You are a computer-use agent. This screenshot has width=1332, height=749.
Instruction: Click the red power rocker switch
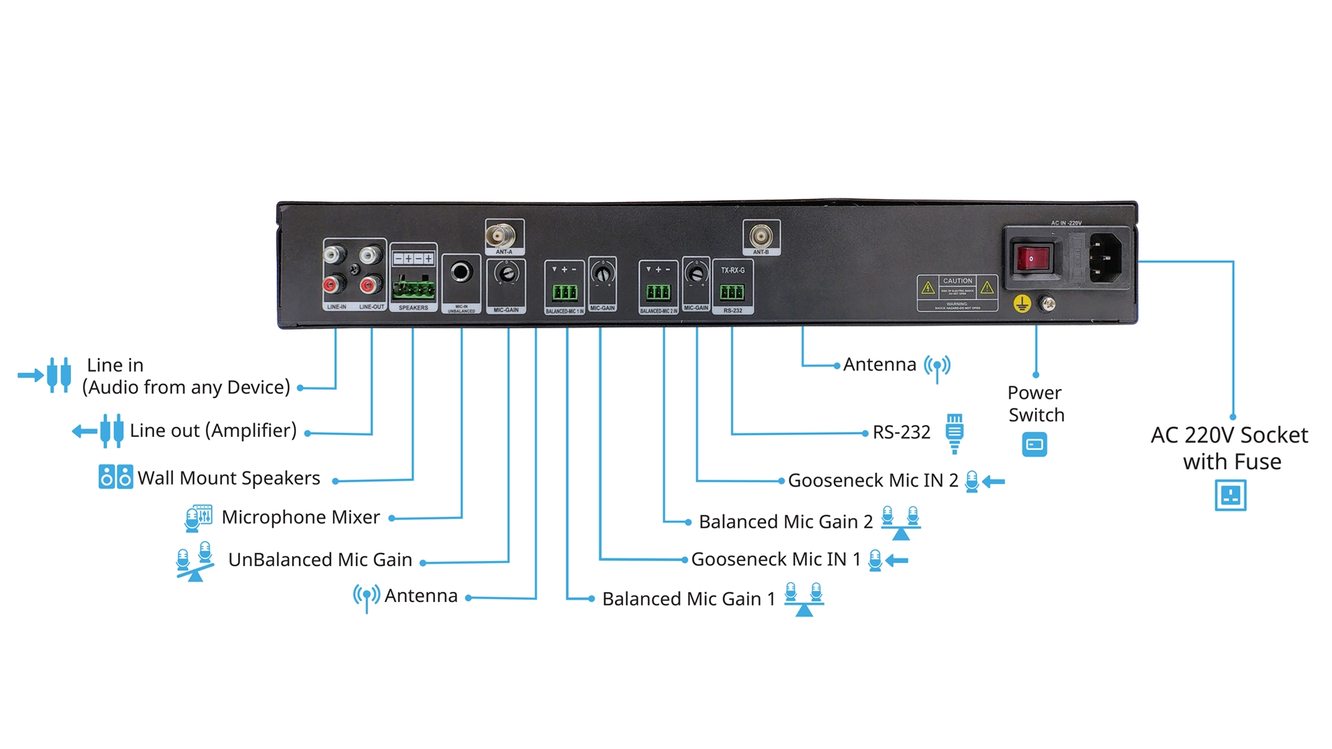tap(1031, 259)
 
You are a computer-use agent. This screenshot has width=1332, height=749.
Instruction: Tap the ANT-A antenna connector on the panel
tap(499, 236)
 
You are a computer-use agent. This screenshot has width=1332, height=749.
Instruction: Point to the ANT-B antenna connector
tap(760, 236)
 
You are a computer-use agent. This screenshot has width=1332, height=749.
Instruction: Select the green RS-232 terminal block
tap(732, 292)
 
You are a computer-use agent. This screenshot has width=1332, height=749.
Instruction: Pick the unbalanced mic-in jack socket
tap(461, 272)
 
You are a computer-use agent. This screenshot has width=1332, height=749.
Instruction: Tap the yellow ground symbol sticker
tap(1022, 304)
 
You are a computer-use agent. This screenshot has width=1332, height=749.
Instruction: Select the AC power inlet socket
tap(1105, 258)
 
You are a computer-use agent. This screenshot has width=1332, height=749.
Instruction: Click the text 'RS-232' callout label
tap(901, 432)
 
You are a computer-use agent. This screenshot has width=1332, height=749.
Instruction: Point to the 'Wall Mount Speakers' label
tap(229, 478)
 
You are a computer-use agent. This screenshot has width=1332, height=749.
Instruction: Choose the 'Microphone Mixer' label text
tap(300, 517)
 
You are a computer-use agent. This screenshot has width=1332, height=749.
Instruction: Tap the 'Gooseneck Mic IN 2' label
tap(873, 480)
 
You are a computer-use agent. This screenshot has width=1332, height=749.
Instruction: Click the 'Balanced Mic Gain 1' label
tap(688, 599)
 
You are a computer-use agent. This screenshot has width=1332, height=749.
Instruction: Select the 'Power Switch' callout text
tap(1036, 404)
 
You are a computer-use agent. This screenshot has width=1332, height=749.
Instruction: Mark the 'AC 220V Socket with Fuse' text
tap(1230, 448)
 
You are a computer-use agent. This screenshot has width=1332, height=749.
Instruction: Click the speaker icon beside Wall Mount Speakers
tap(115, 477)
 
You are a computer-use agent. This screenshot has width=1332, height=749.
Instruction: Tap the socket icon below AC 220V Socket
tap(1230, 496)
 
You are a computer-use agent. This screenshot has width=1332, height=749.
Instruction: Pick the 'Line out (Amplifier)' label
tap(213, 430)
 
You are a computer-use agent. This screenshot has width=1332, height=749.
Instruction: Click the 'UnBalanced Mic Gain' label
tap(320, 560)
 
